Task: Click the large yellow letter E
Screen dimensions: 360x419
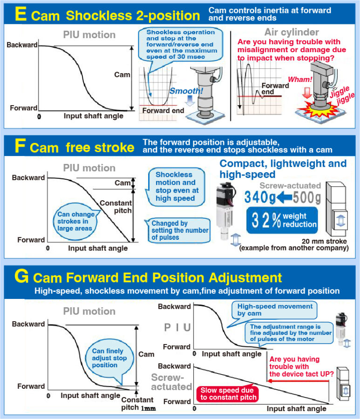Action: click(20, 14)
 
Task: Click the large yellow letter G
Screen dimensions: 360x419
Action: click(21, 276)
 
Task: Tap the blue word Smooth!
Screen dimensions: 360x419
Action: click(186, 91)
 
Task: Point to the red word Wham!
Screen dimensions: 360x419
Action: click(300, 79)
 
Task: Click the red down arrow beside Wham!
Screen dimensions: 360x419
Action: click(307, 93)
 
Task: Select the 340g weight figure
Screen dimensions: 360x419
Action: click(260, 197)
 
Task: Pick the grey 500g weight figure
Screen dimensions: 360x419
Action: click(307, 198)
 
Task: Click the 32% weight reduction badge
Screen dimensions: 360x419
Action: click(282, 220)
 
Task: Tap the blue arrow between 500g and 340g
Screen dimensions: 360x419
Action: click(284, 198)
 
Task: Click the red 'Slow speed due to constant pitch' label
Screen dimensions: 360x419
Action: click(229, 394)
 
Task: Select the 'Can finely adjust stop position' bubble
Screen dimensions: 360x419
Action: click(109, 358)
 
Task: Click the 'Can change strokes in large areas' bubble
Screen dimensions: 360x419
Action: click(75, 221)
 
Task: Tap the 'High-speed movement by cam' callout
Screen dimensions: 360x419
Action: click(274, 310)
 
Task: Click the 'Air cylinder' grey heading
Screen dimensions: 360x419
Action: click(292, 32)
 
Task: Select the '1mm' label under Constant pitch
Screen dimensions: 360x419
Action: click(148, 409)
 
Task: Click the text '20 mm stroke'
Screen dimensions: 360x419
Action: click(324, 241)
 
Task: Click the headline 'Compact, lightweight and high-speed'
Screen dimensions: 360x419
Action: click(283, 169)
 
